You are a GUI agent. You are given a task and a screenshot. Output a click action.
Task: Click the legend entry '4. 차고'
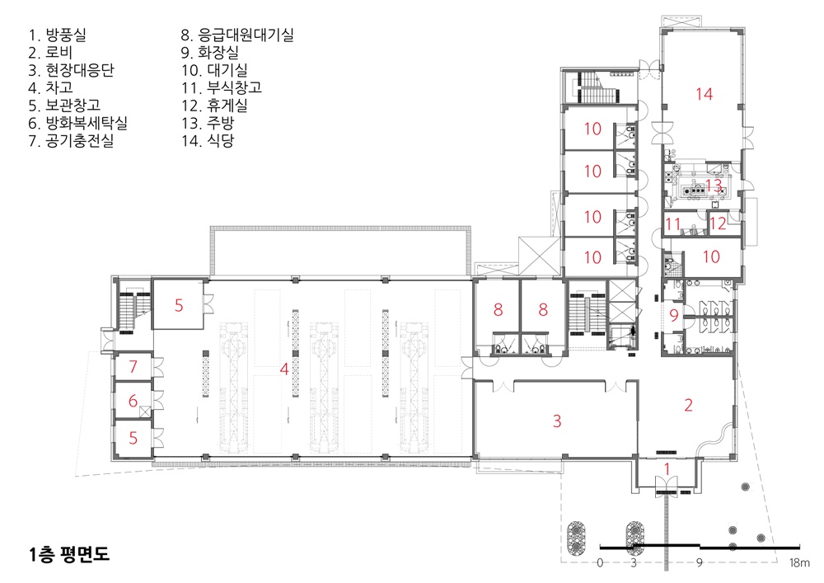(50, 87)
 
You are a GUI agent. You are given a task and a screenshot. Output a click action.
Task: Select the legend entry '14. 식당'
(208, 140)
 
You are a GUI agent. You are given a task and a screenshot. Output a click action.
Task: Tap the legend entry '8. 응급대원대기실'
(237, 35)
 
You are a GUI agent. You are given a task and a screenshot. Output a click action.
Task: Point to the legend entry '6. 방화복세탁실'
(77, 123)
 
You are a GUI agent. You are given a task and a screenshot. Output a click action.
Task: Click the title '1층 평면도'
(69, 554)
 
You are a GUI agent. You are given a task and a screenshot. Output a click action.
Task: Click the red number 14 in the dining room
(705, 94)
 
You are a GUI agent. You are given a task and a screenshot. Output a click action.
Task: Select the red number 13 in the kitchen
(713, 185)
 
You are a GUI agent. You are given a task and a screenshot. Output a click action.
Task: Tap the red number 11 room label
(672, 224)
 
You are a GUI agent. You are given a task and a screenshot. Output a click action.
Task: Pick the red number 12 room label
(718, 223)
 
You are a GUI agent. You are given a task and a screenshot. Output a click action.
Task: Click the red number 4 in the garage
(284, 369)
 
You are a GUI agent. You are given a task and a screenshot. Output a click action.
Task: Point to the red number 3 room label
(557, 421)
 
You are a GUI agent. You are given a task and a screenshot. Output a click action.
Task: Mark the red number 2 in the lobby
(688, 405)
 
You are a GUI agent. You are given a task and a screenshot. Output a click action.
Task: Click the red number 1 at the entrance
(667, 469)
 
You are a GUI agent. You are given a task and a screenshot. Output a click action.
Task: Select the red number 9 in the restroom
(674, 316)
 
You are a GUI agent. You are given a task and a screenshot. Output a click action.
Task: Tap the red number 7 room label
(133, 366)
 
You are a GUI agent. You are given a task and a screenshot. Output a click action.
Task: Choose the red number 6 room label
(133, 401)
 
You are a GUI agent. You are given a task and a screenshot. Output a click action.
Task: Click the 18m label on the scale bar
(799, 562)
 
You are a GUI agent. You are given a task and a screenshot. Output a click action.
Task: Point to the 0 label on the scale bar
(600, 562)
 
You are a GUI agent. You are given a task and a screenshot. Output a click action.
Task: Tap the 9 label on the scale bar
(700, 562)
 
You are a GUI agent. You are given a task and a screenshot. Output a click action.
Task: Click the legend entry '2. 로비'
(50, 53)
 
